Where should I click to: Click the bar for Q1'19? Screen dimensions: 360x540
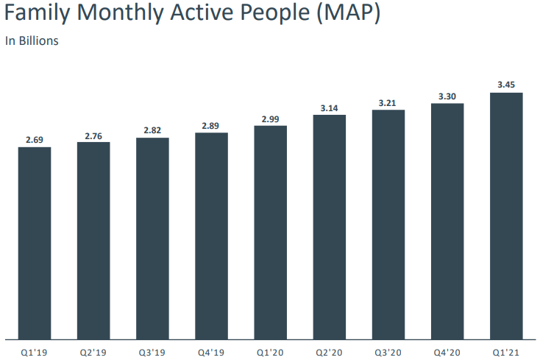coord(35,243)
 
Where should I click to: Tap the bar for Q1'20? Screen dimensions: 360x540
coord(271,233)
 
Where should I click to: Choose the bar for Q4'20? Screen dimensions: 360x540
coord(447,221)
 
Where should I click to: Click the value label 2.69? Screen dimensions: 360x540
coord(35,140)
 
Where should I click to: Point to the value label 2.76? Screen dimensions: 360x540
coord(93,135)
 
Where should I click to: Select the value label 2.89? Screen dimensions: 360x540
coord(211,126)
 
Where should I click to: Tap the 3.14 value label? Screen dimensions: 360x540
coord(330,108)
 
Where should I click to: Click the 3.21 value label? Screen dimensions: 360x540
coord(388,103)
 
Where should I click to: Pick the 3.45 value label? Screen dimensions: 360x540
coord(506,85)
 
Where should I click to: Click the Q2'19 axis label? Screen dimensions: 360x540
coord(93,351)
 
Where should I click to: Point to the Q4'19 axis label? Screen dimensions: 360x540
coord(211,351)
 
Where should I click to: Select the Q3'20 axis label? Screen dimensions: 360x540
coord(388,351)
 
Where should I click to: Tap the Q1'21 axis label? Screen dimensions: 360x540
coord(506,351)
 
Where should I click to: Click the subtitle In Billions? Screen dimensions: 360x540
coord(32,41)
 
